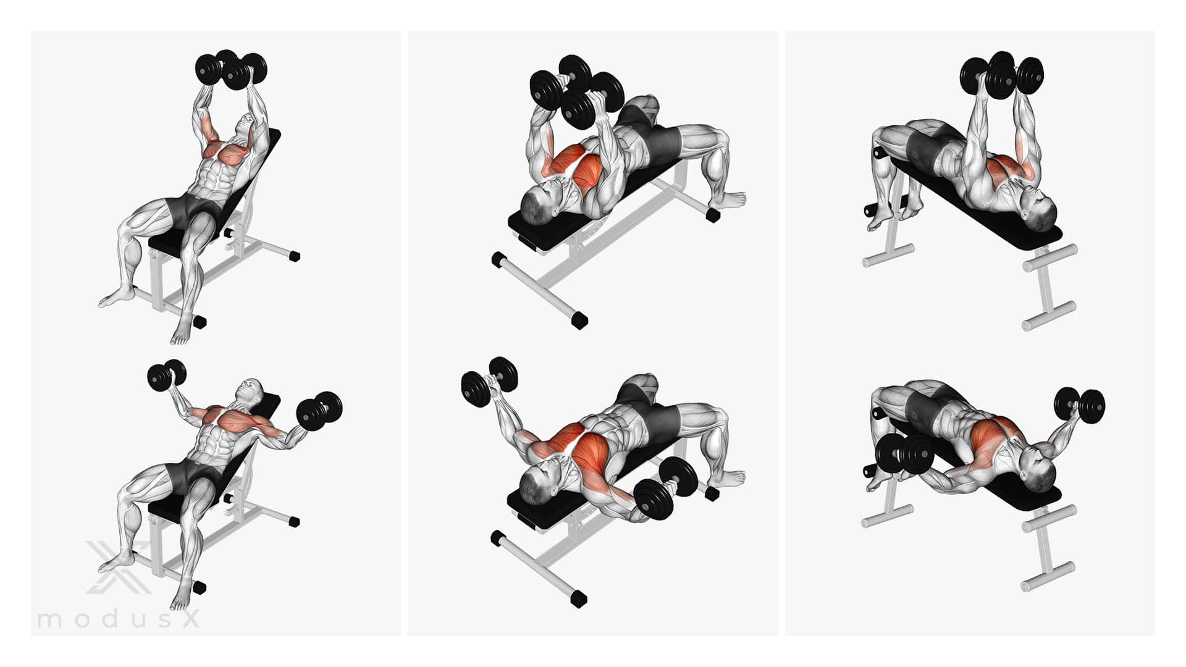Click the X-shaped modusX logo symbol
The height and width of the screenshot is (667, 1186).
(x=117, y=566)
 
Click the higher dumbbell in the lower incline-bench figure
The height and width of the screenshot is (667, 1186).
(x=167, y=375)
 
